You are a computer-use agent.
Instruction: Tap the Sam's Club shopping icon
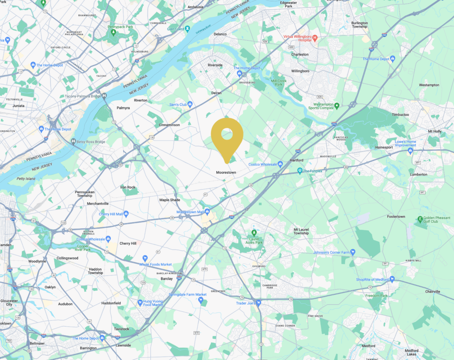(x=190, y=105)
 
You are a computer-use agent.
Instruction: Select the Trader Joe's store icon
(x=258, y=303)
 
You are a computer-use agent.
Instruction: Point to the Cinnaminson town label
(x=169, y=125)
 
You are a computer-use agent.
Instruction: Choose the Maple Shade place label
(x=170, y=200)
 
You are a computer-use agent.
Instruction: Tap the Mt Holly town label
(x=434, y=132)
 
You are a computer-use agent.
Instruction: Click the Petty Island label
(x=26, y=179)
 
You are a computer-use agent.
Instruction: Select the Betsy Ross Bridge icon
(x=74, y=141)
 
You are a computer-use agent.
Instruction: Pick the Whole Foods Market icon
(x=144, y=258)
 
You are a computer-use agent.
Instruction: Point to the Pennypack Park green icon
(x=114, y=32)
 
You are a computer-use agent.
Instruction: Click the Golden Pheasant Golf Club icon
(x=420, y=219)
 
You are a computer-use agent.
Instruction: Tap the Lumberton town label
(x=419, y=174)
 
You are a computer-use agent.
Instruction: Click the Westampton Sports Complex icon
(x=337, y=106)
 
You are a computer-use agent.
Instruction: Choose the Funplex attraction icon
(x=300, y=171)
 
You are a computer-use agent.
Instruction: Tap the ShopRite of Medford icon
(x=392, y=279)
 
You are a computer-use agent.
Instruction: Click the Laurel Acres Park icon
(x=254, y=233)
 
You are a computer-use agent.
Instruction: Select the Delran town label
(x=216, y=93)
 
